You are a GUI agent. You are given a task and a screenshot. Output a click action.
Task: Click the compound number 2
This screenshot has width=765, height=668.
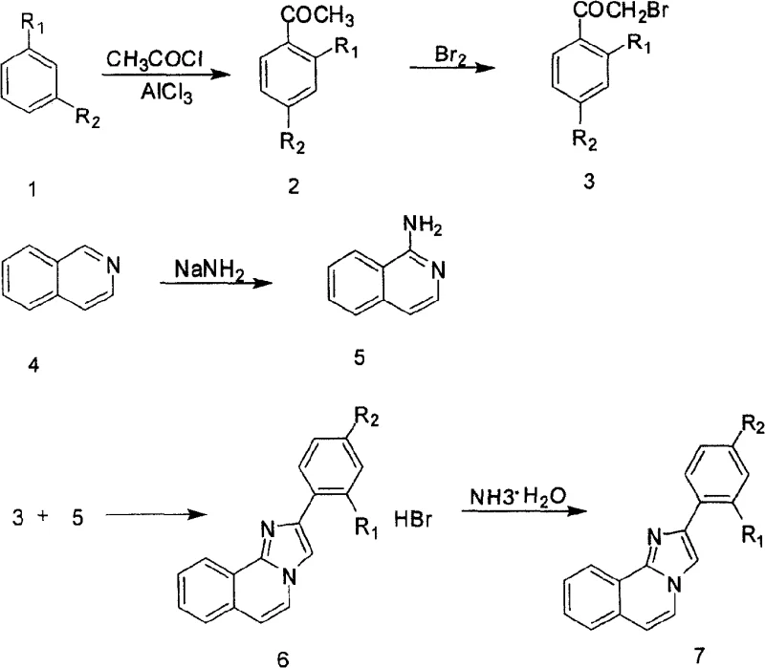point(294,186)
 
